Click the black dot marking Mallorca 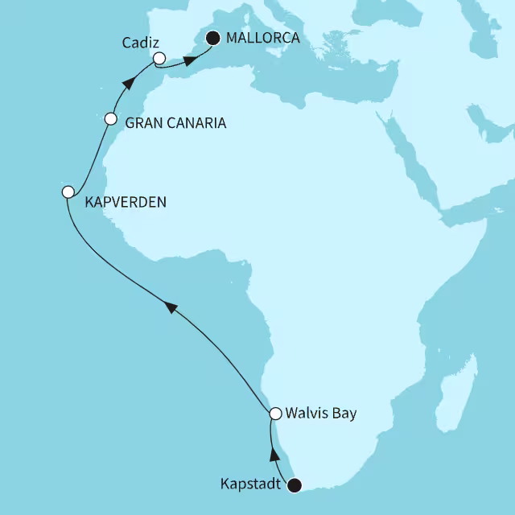(x=213, y=37)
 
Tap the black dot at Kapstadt (x=295, y=484)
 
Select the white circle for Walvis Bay (x=275, y=414)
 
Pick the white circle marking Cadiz (x=159, y=58)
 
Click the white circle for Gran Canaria (x=111, y=119)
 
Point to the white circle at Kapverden (x=68, y=192)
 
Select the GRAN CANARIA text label (x=175, y=124)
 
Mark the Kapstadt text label (x=253, y=484)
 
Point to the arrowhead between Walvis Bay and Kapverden (x=169, y=305)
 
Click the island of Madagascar (x=455, y=406)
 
